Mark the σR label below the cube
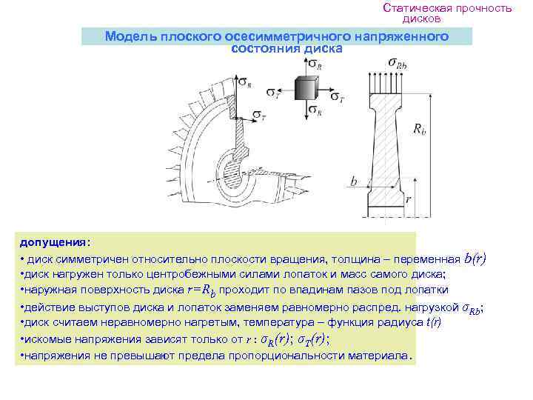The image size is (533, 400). point(317,112)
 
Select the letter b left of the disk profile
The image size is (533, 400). point(354,181)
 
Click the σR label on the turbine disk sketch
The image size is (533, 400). point(245,84)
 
